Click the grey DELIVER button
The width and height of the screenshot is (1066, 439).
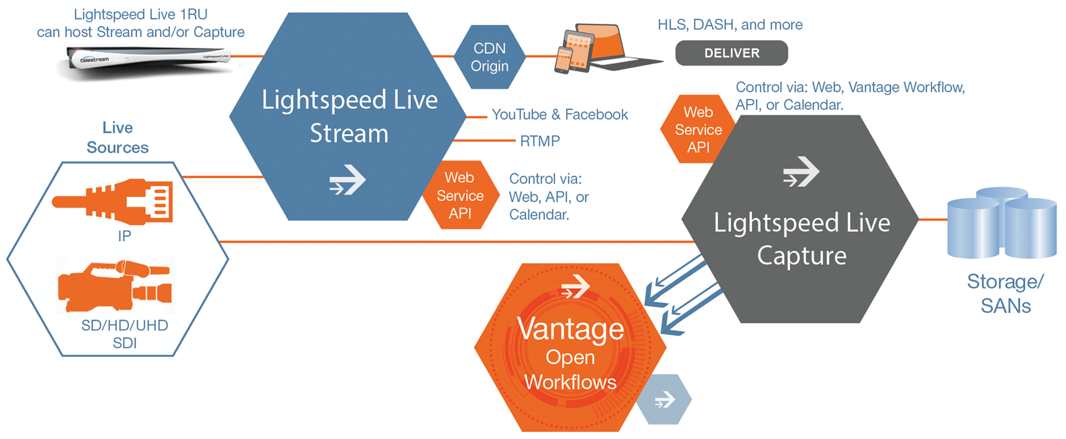coord(731,53)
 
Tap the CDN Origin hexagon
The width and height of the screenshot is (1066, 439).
coord(490,57)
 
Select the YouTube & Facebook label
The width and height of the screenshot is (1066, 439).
coord(559,115)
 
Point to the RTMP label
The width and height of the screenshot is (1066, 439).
coord(540,141)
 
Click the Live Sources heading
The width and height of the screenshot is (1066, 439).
coord(118,137)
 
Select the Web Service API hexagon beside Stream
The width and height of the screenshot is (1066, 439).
coord(460,196)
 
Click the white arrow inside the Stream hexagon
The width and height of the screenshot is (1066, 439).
coord(348,180)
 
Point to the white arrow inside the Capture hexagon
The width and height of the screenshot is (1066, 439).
coord(801,172)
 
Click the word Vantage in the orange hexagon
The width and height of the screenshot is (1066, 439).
coord(570,329)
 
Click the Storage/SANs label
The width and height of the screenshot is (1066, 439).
coord(1005,294)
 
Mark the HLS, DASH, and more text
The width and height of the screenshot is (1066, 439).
coord(730,24)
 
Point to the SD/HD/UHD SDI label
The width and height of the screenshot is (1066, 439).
coord(125,334)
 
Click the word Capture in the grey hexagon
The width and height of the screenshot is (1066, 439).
coord(801,256)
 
